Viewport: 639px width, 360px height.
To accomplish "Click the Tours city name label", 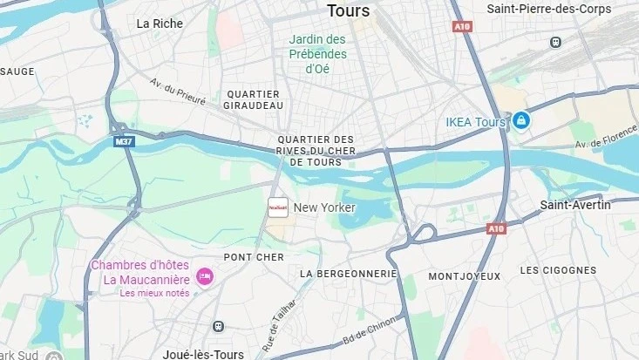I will [x=348, y=11].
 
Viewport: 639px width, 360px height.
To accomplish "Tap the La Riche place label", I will [x=160, y=24].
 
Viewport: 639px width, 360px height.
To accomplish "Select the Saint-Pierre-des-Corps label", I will [x=561, y=9].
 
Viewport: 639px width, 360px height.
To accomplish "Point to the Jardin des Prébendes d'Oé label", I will [x=318, y=54].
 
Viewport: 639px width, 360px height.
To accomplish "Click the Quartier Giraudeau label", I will [x=254, y=99].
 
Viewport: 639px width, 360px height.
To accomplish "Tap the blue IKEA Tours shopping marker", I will [x=520, y=120].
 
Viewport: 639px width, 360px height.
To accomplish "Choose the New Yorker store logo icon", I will [x=277, y=207].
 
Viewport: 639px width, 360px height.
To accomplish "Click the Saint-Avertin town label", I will [x=575, y=205].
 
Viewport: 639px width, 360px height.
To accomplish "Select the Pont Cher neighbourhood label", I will [x=254, y=257].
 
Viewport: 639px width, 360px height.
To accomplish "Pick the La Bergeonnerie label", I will [x=348, y=273].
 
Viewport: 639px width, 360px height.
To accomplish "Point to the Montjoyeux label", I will [x=465, y=276].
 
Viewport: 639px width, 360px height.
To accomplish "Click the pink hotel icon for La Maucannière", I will [x=205, y=277].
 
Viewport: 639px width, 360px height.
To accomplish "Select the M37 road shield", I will [x=124, y=139].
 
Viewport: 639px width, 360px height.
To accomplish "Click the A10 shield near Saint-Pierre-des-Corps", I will [x=462, y=27].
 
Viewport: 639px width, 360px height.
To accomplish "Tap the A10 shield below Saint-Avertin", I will [x=496, y=228].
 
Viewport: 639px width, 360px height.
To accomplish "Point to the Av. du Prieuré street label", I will [x=177, y=92].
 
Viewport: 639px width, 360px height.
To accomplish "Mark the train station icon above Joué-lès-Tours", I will [x=218, y=326].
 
